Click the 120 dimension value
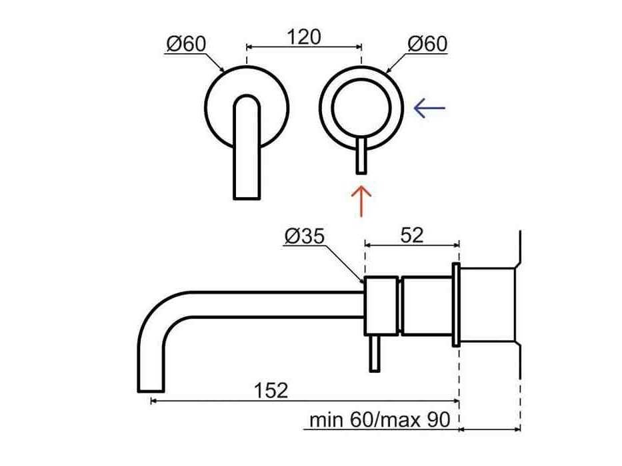pyautogui.click(x=304, y=37)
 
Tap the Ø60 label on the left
pyautogui.click(x=186, y=43)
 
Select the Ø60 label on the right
pyautogui.click(x=427, y=43)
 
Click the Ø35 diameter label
pyautogui.click(x=305, y=236)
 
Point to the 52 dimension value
pyautogui.click(x=412, y=236)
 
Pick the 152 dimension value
pyautogui.click(x=271, y=390)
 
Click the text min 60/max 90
pyautogui.click(x=379, y=419)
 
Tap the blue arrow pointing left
pyautogui.click(x=429, y=108)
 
